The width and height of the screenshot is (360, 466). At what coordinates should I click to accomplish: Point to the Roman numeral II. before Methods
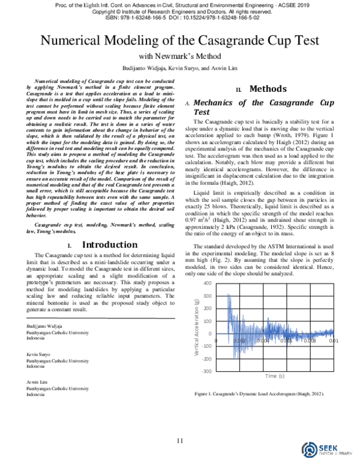[x=238, y=90]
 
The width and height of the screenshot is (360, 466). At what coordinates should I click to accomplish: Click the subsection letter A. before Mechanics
[x=188, y=103]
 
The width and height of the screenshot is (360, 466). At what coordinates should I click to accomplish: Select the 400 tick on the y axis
[x=207, y=283]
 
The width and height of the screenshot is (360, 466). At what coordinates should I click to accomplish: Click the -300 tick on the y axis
[x=206, y=371]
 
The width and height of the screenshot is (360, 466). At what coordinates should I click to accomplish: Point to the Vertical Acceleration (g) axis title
[x=197, y=327]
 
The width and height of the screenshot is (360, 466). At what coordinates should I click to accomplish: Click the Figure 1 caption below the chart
[x=259, y=394]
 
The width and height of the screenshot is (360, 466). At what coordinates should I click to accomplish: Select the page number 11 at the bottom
[x=179, y=441]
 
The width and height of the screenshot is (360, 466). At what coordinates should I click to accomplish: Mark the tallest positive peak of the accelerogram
[x=229, y=294]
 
